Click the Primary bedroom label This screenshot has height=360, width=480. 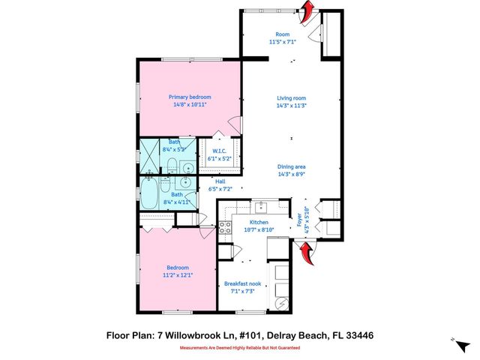[x=189, y=97]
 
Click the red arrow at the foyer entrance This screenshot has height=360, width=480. [x=307, y=257]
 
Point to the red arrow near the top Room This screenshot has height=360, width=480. [x=306, y=11]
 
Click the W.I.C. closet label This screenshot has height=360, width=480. [x=219, y=151]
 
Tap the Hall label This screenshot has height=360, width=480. [x=220, y=181]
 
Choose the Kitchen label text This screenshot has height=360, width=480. [x=259, y=222]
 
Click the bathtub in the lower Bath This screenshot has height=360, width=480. [x=150, y=193]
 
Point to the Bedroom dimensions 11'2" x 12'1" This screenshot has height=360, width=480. [x=178, y=275]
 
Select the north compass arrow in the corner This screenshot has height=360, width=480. [x=455, y=342]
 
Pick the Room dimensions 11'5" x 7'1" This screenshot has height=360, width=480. [x=282, y=42]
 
